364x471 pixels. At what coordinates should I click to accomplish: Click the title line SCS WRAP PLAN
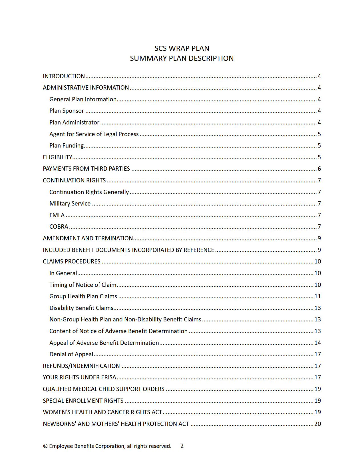click(182, 48)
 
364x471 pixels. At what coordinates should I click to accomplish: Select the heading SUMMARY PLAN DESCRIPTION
click(182, 59)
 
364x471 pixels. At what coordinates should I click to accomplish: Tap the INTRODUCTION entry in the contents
click(64, 76)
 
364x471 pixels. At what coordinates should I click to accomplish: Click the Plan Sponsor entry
click(67, 111)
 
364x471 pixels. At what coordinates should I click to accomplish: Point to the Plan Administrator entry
click(74, 122)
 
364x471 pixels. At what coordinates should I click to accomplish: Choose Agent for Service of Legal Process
click(94, 134)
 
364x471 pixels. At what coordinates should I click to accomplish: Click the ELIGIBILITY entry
click(58, 157)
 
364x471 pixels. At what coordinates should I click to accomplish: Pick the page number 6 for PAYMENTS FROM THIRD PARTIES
click(319, 169)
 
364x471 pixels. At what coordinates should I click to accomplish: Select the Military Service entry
click(70, 204)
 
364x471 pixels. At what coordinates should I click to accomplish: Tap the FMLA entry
click(57, 215)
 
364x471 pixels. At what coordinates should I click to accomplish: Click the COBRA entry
click(59, 227)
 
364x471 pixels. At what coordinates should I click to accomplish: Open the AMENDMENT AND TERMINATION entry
click(88, 238)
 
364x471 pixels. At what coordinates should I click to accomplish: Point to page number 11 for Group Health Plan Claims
click(317, 296)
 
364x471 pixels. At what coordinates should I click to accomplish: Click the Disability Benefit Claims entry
click(81, 308)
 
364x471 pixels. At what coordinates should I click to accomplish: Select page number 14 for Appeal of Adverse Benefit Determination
click(317, 343)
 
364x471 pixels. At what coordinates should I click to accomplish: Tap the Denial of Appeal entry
click(71, 354)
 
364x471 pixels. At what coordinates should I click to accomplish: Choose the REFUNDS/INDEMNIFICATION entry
click(81, 366)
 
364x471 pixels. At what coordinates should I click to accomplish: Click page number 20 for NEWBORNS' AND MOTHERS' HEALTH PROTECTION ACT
click(317, 424)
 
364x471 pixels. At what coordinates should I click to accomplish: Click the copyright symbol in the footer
click(45, 446)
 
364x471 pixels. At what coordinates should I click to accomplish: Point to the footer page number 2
click(182, 446)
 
